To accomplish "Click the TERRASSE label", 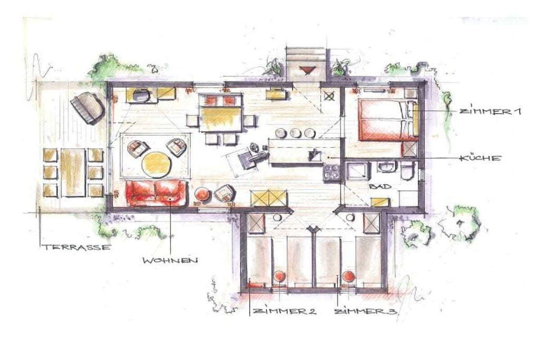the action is pyautogui.click(x=77, y=247).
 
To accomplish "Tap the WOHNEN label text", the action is pyautogui.click(x=170, y=260).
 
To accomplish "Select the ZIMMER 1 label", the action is pyautogui.click(x=490, y=112).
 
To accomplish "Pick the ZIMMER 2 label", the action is pyautogui.click(x=284, y=311).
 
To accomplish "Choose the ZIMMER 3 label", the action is pyautogui.click(x=366, y=312).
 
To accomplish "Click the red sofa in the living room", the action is pyautogui.click(x=157, y=193).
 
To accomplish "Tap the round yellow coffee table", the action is pyautogui.click(x=156, y=164).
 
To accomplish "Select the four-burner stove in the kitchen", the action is pyautogui.click(x=331, y=172).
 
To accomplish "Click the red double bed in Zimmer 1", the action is pyautogui.click(x=388, y=120).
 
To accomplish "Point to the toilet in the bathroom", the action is pyautogui.click(x=407, y=170).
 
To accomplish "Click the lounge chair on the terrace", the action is pyautogui.click(x=87, y=107).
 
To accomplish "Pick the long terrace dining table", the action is pyautogui.click(x=73, y=172).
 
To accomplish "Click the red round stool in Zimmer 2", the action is pyautogui.click(x=279, y=277).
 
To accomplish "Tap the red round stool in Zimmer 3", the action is pyautogui.click(x=349, y=277).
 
